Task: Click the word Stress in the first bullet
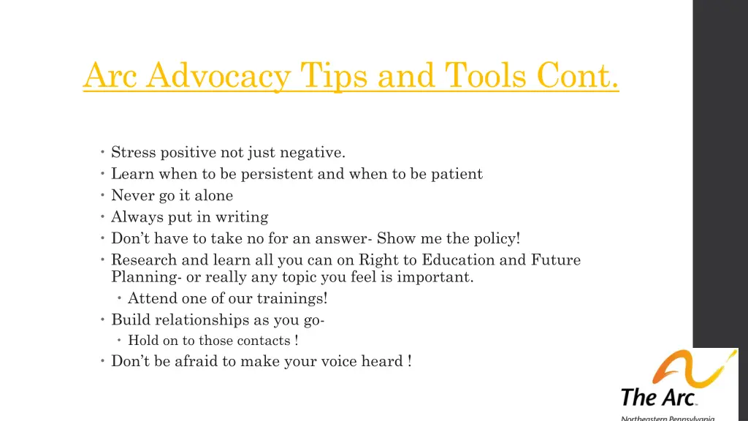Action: coord(134,153)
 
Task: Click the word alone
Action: coord(213,195)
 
